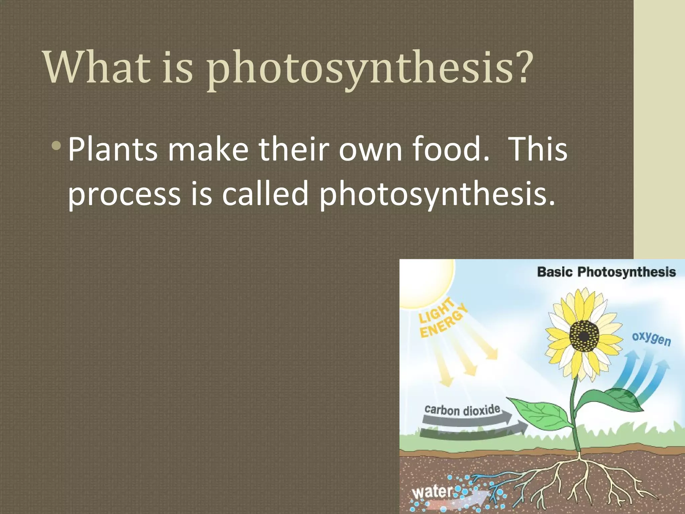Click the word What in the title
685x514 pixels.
click(x=97, y=67)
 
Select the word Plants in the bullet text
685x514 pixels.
click(x=112, y=149)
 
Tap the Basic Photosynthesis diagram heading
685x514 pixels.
click(x=606, y=272)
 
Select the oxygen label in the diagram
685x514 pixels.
click(x=651, y=339)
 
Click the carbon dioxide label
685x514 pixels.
click(x=462, y=410)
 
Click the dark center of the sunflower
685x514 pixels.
click(x=584, y=336)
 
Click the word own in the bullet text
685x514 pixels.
click(x=370, y=149)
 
